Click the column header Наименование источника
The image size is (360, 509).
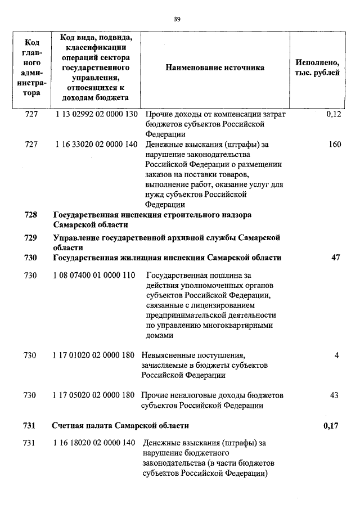(214, 67)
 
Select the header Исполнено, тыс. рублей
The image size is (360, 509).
(317, 67)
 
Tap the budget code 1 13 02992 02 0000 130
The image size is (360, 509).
(96, 114)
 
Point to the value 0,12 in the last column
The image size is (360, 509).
(334, 114)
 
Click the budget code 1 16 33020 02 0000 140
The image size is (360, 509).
(96, 145)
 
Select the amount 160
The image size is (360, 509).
(335, 145)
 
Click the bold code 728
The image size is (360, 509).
(31, 215)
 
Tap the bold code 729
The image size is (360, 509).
(31, 238)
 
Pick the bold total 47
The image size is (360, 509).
(336, 258)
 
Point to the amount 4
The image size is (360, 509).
(336, 355)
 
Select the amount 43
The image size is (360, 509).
(334, 395)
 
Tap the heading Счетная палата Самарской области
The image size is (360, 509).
(120, 425)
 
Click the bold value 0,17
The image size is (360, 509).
(331, 425)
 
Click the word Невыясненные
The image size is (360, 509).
(165, 355)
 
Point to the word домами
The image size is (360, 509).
(160, 336)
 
